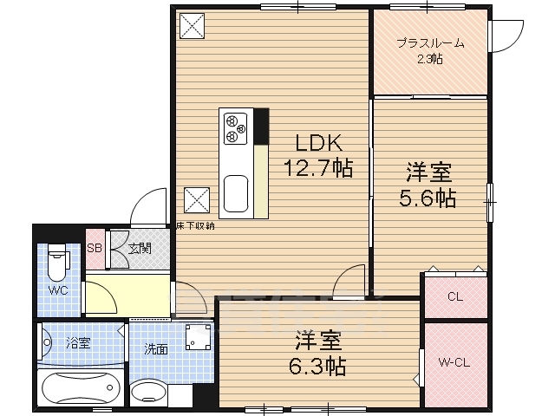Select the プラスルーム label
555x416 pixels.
pos(430,43)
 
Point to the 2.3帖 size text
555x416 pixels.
pos(430,59)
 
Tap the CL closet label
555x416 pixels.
pos(454,297)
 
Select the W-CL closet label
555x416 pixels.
pos(454,363)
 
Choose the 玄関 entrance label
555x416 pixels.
pos(140,249)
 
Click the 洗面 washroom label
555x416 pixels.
pos(155,349)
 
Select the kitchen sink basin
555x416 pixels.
pos(235,194)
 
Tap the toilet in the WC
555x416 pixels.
pos(57,259)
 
